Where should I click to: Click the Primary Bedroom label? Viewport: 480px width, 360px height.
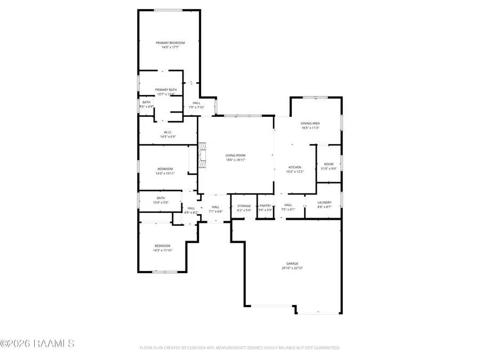[x=170, y=43]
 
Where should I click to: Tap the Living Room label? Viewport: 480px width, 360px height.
[x=235, y=155]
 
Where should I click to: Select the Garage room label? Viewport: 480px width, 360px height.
[x=292, y=263]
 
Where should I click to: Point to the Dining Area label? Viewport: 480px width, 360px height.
[x=310, y=123]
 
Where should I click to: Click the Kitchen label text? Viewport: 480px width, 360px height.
[x=295, y=167]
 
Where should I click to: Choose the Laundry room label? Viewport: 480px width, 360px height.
[x=324, y=202]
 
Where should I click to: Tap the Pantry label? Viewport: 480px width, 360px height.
[x=265, y=205]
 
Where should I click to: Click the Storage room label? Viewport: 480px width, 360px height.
[x=244, y=205]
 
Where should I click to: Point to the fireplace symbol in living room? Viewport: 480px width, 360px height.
[x=202, y=155]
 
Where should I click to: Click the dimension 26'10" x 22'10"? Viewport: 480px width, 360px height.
[x=292, y=268]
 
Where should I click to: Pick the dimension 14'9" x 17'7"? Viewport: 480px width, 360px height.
[x=170, y=47]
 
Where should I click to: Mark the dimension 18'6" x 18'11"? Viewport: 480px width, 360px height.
[x=235, y=159]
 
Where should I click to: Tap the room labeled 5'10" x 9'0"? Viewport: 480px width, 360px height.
[x=329, y=169]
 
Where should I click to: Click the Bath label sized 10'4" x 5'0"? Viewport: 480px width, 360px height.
[x=161, y=198]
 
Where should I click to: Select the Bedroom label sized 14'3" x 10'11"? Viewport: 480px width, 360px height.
[x=165, y=169]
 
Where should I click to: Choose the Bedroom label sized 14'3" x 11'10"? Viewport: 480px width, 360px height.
[x=163, y=245]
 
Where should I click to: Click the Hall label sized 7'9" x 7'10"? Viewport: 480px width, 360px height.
[x=197, y=103]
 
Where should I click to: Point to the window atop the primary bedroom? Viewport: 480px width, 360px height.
[x=168, y=10]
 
